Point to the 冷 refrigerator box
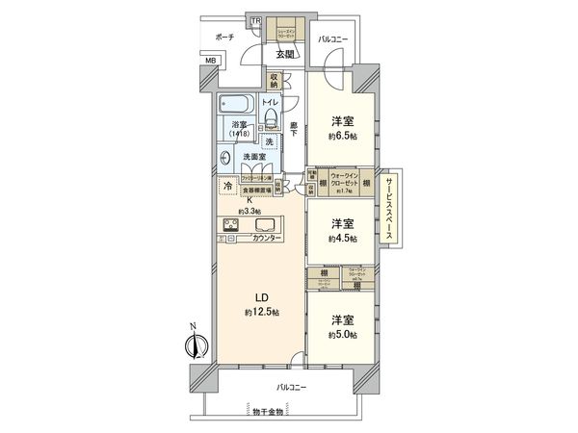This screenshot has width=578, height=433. (x=227, y=186)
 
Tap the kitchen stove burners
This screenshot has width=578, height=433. (x=234, y=226)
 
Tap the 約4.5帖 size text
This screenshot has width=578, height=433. (x=341, y=238)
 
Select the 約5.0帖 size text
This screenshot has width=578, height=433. (x=341, y=334)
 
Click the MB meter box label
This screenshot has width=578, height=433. (x=209, y=62)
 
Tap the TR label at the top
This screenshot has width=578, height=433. (x=255, y=20)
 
